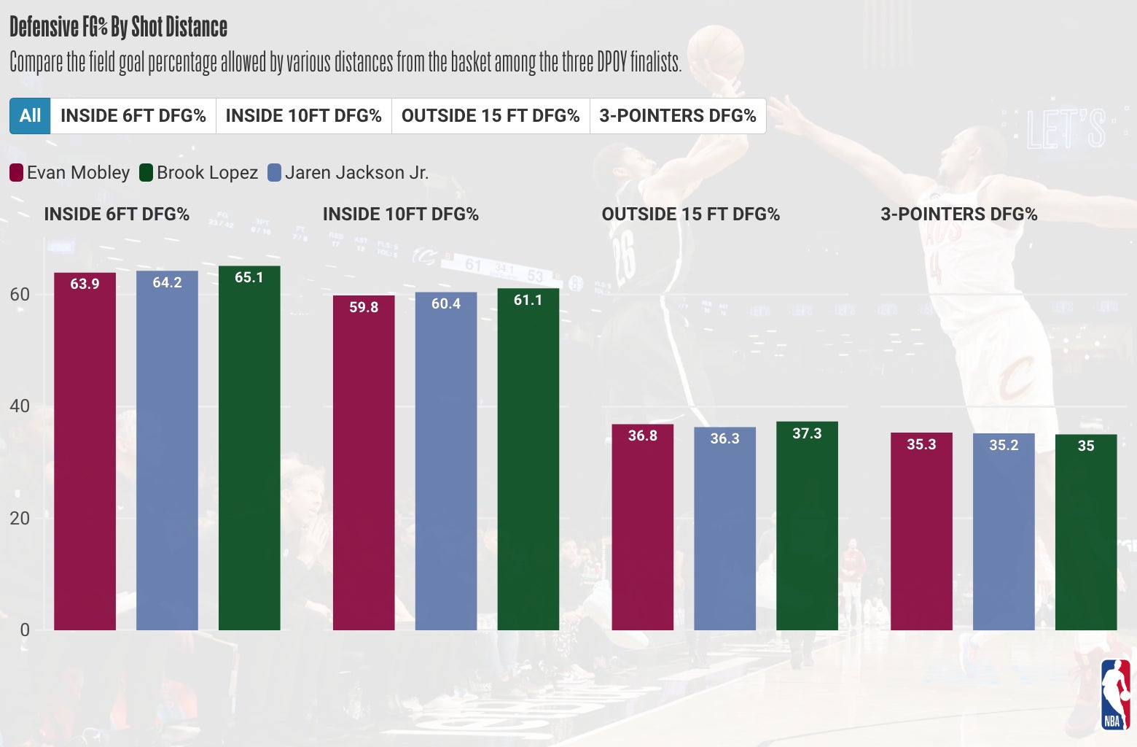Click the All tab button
pyautogui.click(x=30, y=116)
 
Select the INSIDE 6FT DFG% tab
pyautogui.click(x=133, y=116)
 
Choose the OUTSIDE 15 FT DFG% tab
pyautogui.click(x=491, y=116)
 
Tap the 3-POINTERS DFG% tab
pyautogui.click(x=678, y=116)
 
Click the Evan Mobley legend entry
pyautogui.click(x=70, y=173)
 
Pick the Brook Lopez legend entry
pyautogui.click(x=199, y=173)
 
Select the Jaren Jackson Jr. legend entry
pyautogui.click(x=348, y=173)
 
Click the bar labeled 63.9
pyautogui.click(x=85, y=452)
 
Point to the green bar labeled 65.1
pyautogui.click(x=249, y=449)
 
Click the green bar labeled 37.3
pyautogui.click(x=807, y=526)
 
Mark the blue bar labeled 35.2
pyautogui.click(x=1004, y=532)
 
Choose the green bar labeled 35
pyautogui.click(x=1086, y=533)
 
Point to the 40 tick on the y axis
pyautogui.click(x=20, y=406)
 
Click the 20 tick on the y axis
pyautogui.click(x=20, y=519)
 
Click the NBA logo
pyautogui.click(x=1114, y=694)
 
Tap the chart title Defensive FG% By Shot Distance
pyautogui.click(x=119, y=27)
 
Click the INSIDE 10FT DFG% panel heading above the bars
pyautogui.click(x=400, y=214)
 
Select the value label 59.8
pyautogui.click(x=364, y=307)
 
